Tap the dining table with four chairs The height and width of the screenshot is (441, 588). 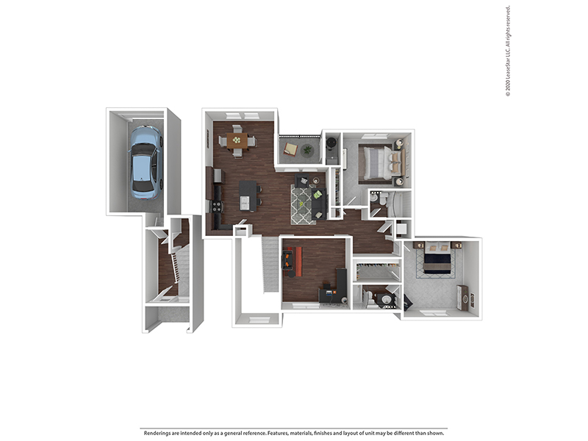click(x=237, y=140)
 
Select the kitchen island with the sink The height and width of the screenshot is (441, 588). click(x=249, y=195)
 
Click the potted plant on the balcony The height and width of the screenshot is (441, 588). click(x=307, y=150)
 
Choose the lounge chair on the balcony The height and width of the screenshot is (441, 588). click(x=291, y=149)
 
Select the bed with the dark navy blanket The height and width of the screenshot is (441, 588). click(x=437, y=261)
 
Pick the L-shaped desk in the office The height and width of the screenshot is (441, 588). click(x=336, y=289)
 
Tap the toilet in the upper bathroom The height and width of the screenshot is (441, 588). click(x=376, y=198)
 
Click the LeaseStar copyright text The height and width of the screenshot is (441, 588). click(x=508, y=51)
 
